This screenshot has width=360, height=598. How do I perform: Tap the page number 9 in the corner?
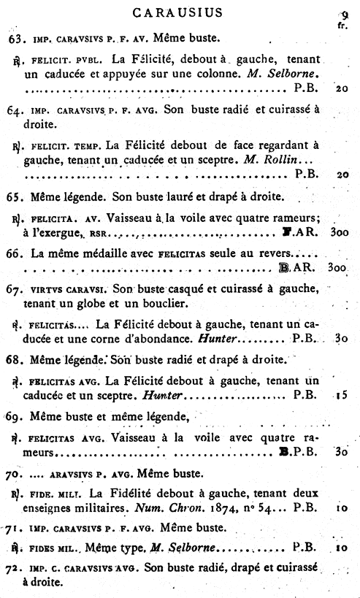(x=344, y=12)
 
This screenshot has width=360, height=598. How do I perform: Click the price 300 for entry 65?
(x=338, y=233)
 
